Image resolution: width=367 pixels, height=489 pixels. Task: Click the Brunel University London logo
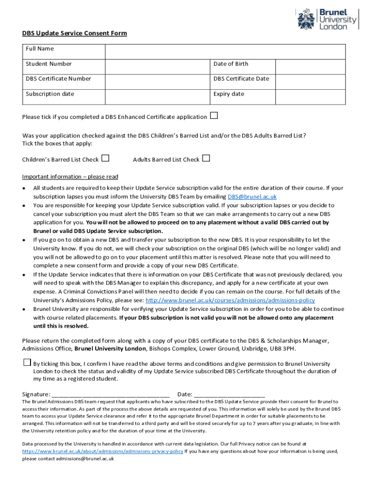point(327,19)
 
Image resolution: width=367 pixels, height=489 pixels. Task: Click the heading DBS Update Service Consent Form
point(74,33)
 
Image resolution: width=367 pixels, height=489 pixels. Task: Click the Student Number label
point(49,64)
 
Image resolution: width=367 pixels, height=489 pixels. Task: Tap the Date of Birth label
point(231,64)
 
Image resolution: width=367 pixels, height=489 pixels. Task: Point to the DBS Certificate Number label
point(58,79)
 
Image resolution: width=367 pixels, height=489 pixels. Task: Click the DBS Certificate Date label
point(241,79)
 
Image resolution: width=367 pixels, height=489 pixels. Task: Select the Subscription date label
point(50,94)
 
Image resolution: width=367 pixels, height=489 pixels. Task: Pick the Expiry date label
point(229,94)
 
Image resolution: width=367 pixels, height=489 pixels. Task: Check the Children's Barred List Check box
point(105,158)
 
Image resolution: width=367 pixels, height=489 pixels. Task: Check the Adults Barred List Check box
point(206,158)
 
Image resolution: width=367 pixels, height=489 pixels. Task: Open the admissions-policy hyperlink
point(230,300)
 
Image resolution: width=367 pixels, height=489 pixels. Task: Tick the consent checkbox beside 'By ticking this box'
point(27,362)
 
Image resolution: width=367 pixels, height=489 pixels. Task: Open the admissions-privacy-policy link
point(102,451)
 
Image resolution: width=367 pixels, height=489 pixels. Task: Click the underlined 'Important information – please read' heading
point(70,177)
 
